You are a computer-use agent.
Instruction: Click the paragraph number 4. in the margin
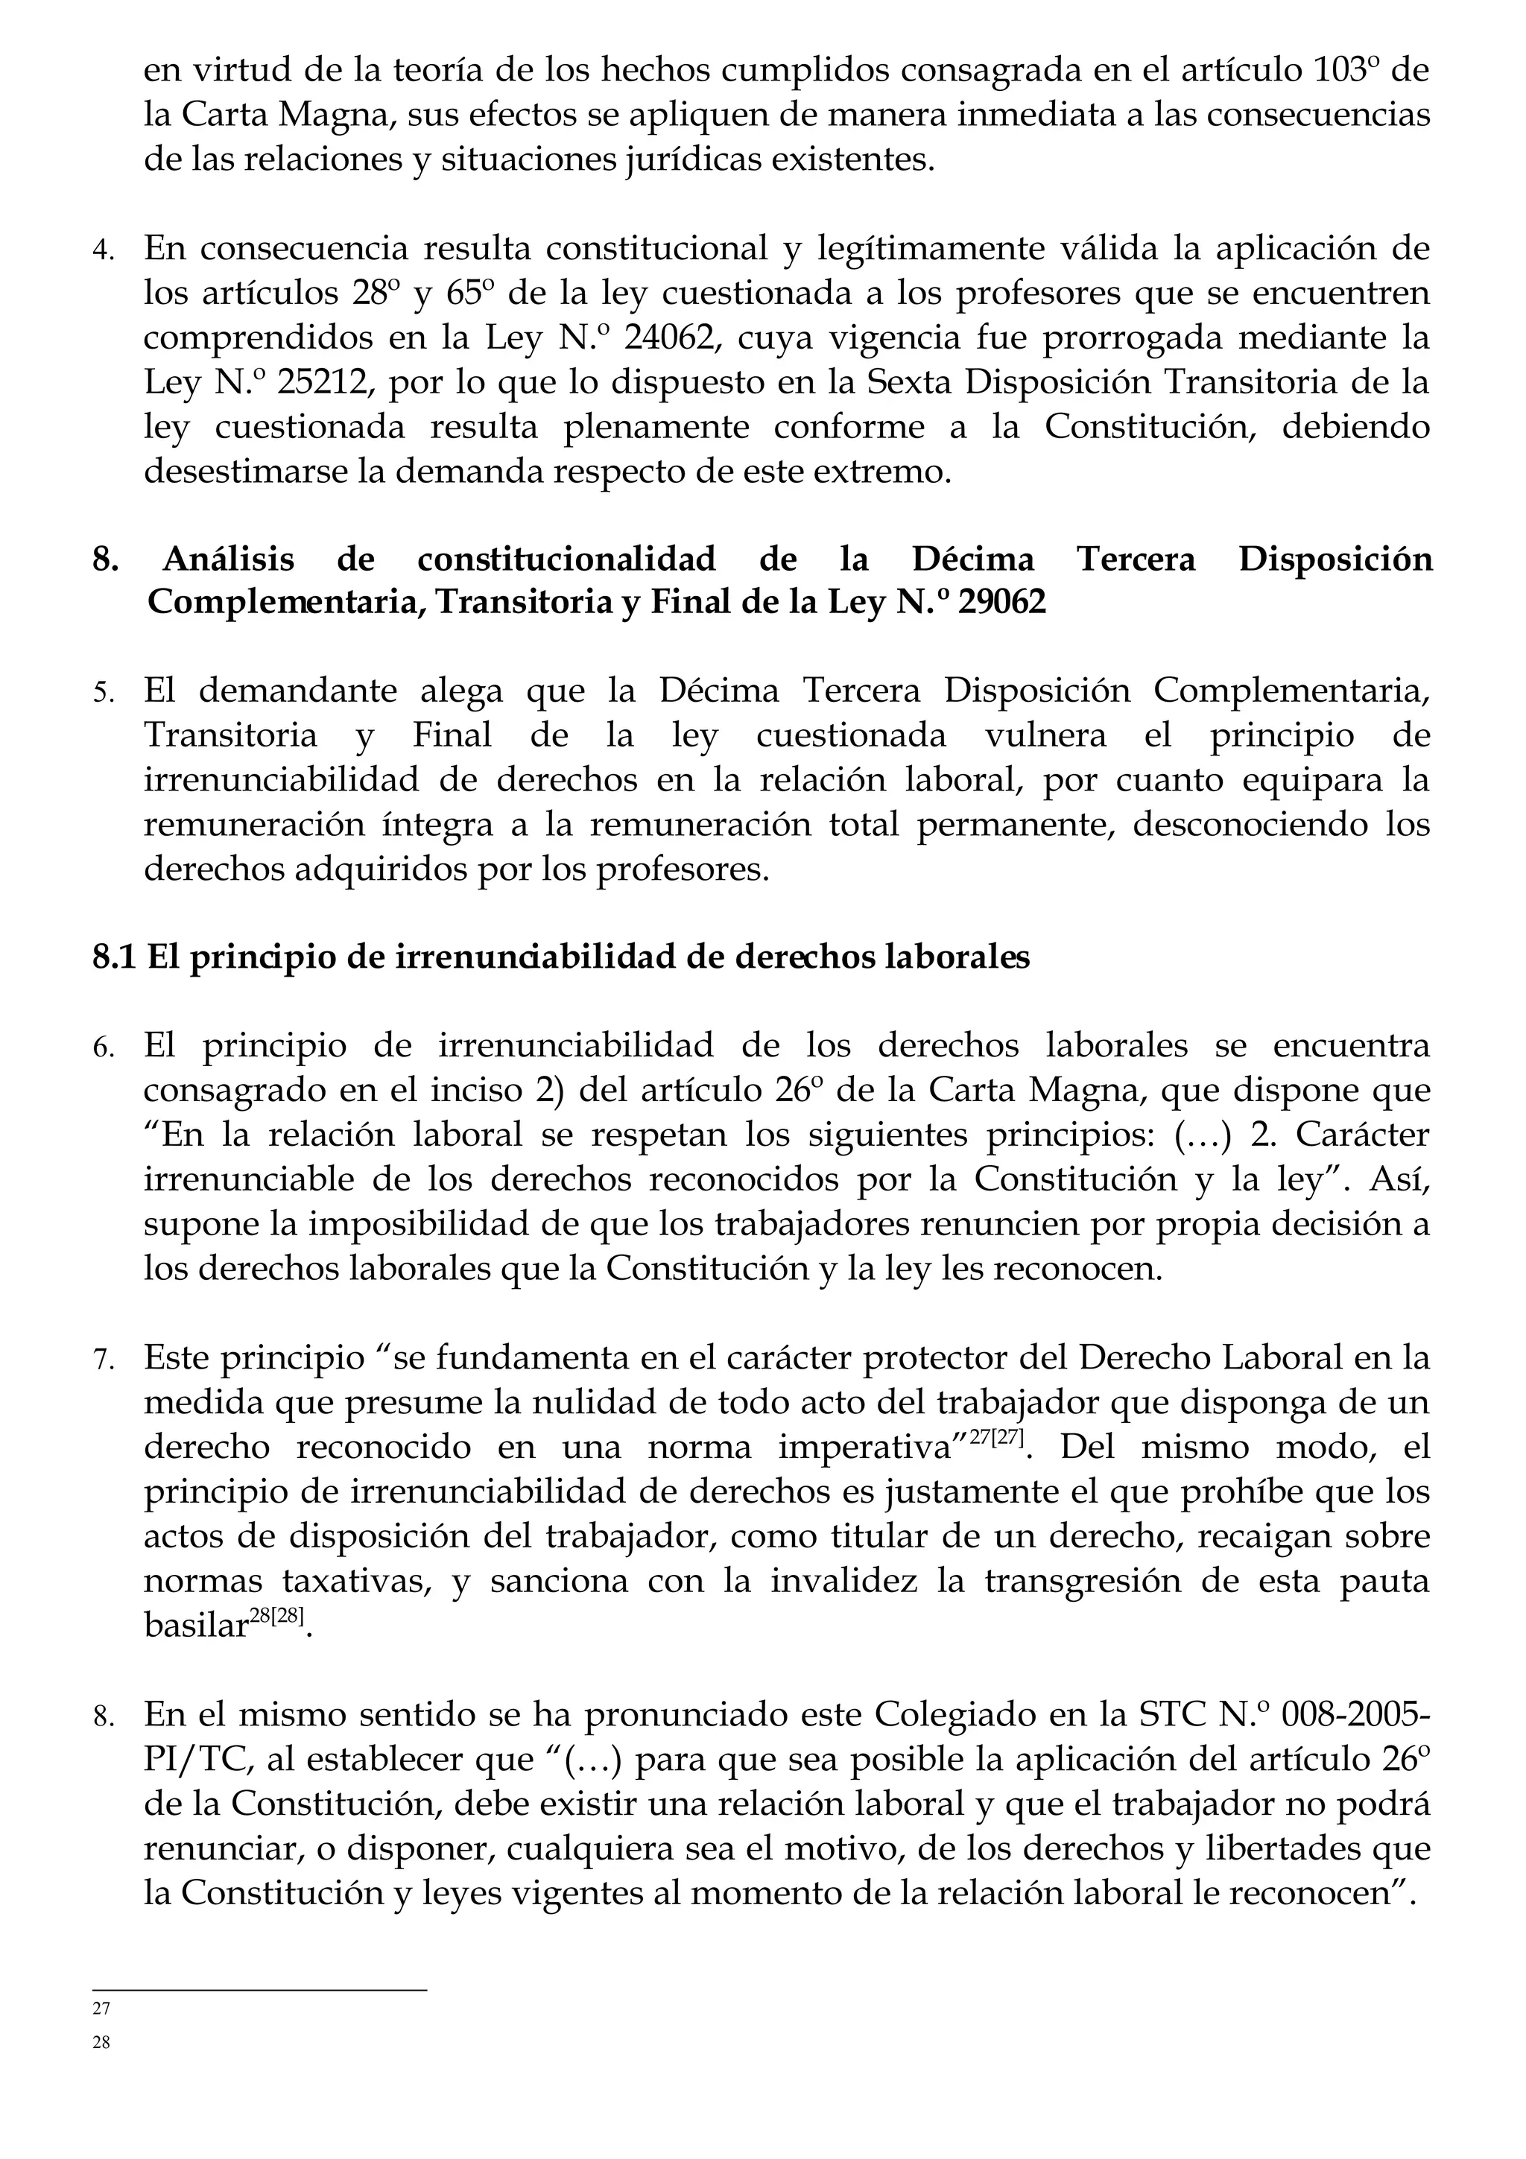point(104,252)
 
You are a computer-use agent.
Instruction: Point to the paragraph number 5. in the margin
point(104,694)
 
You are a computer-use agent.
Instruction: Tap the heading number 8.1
point(115,957)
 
